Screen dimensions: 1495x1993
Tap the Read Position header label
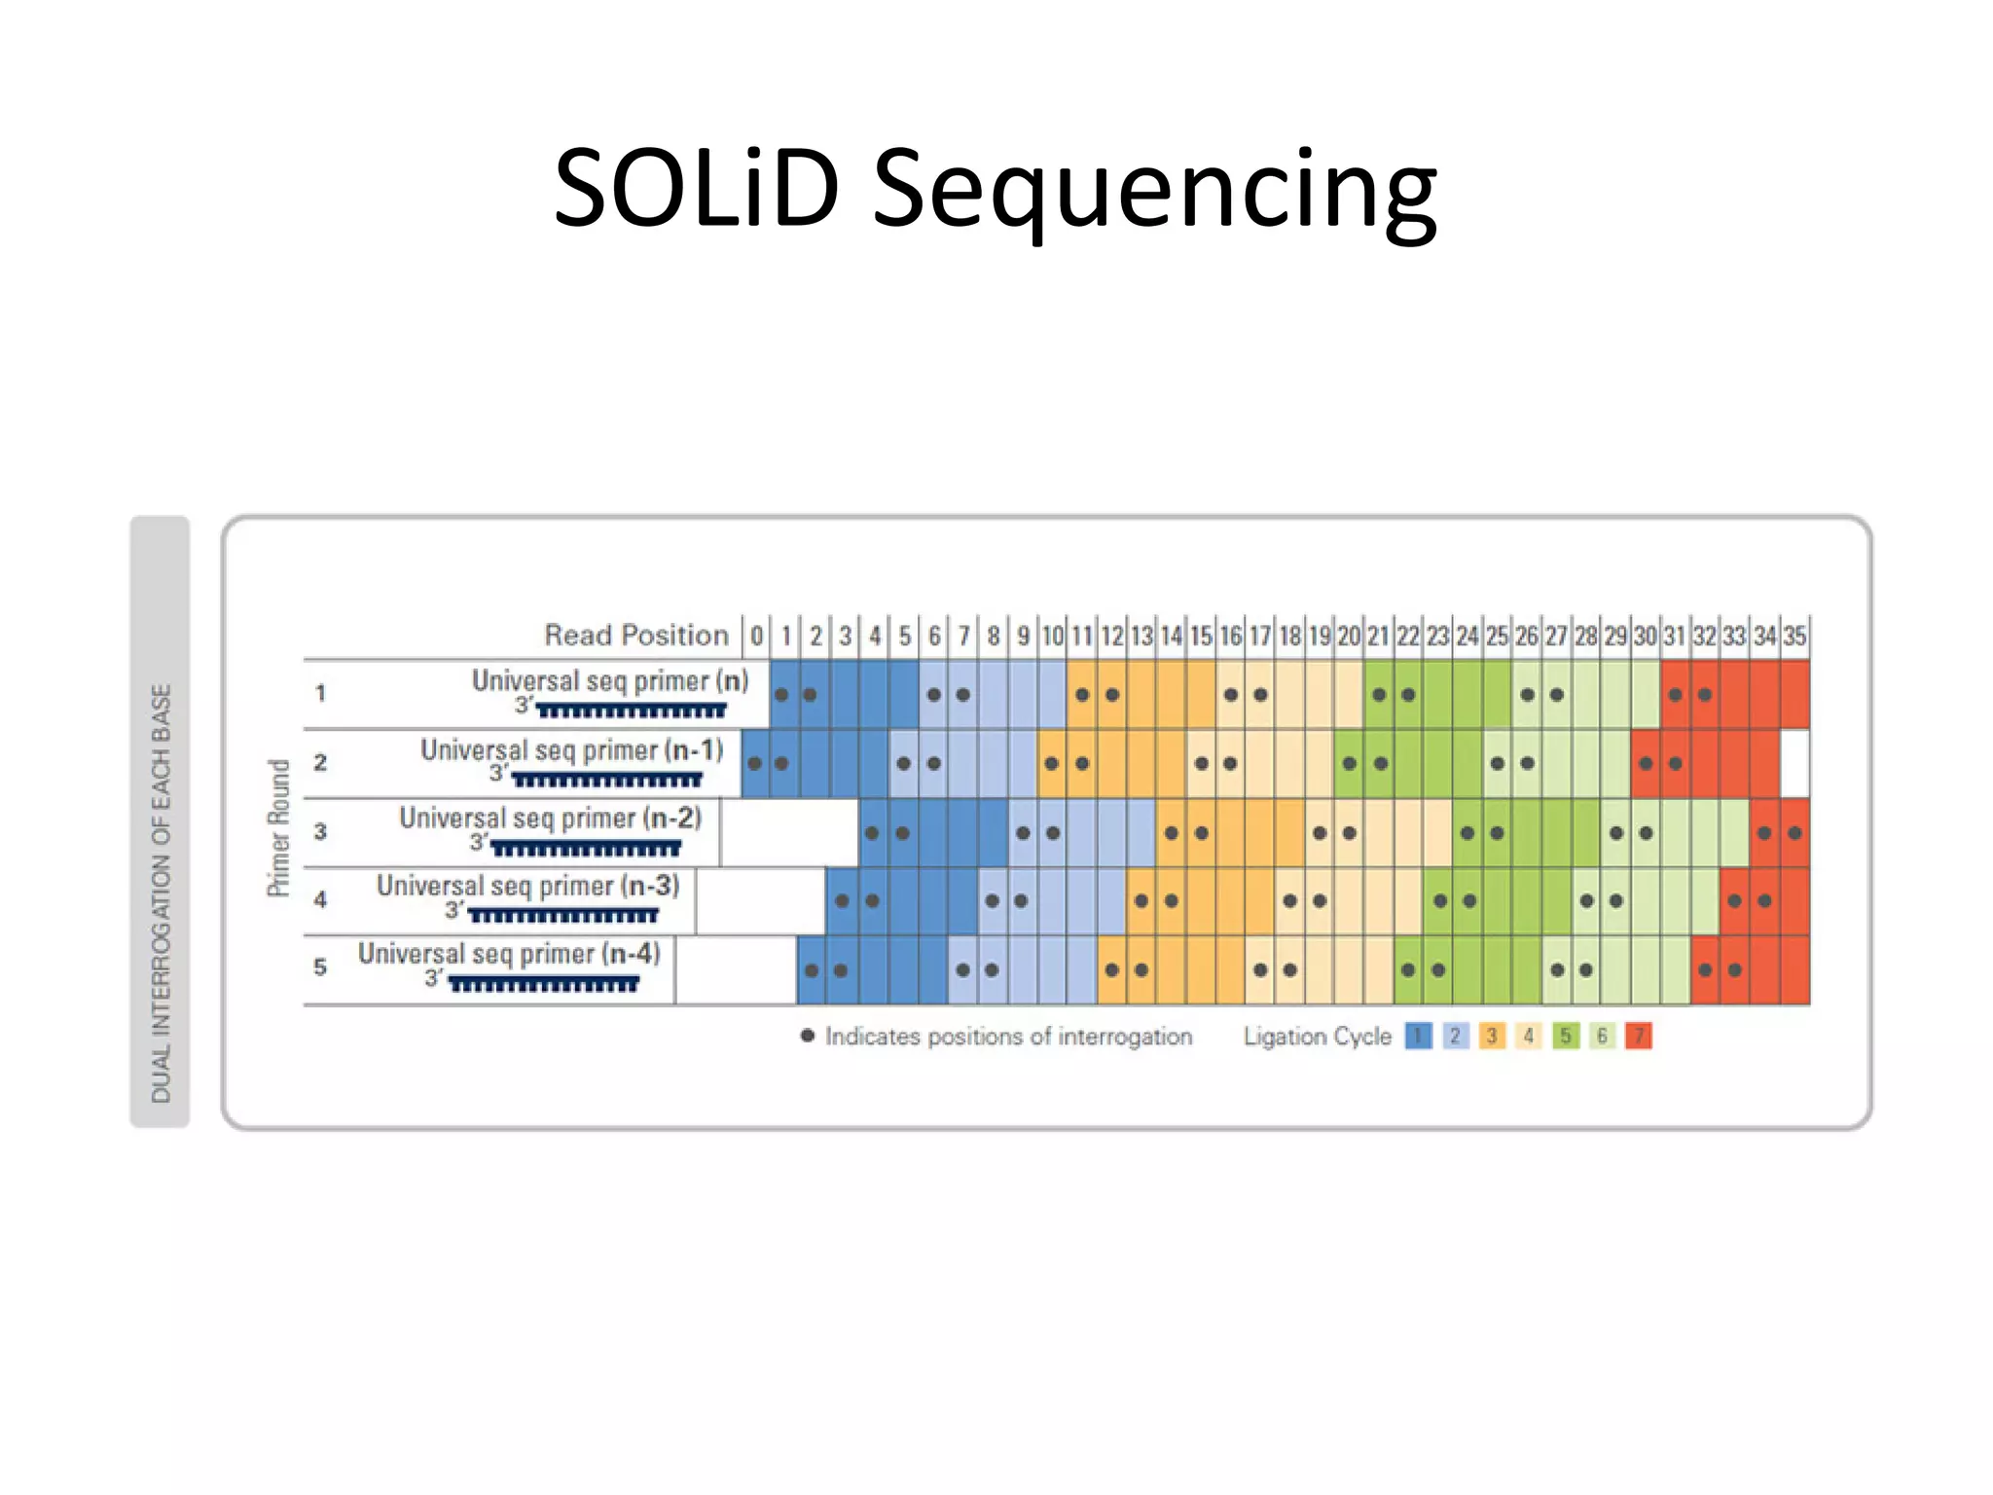636,636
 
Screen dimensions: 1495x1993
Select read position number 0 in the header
756,637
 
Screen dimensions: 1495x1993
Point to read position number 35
1794,637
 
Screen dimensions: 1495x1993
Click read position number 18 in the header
1289,637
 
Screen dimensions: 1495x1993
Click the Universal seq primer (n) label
610,680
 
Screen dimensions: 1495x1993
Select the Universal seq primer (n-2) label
550,818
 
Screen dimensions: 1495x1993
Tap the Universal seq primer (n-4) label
509,954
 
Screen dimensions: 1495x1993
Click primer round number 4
320,899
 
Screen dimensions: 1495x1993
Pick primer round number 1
320,693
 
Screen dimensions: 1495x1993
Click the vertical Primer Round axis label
279,827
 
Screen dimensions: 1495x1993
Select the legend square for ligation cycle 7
1639,1036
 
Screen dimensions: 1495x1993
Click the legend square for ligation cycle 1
1418,1036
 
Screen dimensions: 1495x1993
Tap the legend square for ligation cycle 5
1565,1036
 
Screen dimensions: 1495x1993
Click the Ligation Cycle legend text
1317,1037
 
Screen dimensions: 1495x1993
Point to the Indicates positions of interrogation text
1008,1037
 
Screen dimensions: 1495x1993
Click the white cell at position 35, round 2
1794,763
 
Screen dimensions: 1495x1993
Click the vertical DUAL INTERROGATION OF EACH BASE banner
161,822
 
